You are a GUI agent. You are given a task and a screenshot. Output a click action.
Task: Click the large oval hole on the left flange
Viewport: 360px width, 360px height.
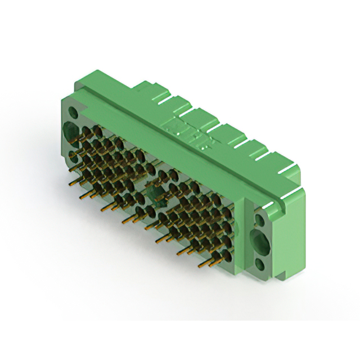(x=72, y=130)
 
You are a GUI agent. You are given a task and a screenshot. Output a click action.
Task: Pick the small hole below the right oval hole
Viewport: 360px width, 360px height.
(x=260, y=263)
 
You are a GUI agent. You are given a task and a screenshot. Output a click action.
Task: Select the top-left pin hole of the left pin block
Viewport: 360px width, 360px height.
(x=85, y=131)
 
